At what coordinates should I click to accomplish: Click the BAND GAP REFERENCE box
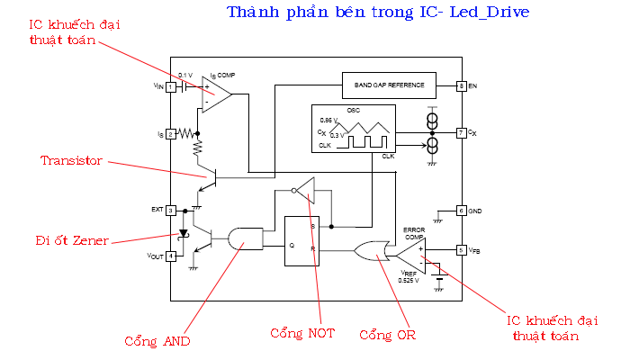[389, 85]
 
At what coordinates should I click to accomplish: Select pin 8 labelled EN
[460, 86]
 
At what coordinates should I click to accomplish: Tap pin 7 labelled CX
[460, 132]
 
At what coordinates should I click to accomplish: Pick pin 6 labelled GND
[460, 210]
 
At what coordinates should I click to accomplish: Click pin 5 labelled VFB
[460, 249]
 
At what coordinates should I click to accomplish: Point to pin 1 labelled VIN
[170, 86]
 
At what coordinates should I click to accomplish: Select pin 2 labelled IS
[170, 133]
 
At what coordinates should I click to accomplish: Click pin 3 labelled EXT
[170, 210]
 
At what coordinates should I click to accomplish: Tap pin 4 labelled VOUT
[170, 255]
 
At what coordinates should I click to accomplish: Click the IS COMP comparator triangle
[214, 92]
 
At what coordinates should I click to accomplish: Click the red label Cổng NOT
[302, 333]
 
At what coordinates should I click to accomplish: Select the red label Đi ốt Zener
[73, 240]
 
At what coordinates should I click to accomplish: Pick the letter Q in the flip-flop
[291, 245]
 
